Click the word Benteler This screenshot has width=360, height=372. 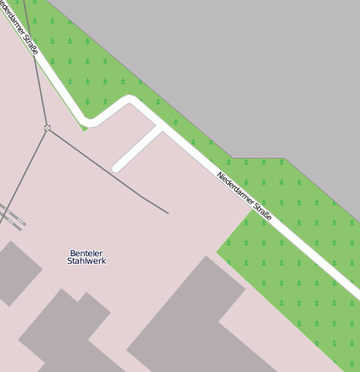click(x=86, y=253)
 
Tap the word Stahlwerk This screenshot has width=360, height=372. click(x=86, y=261)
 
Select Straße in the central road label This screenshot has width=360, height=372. click(x=262, y=211)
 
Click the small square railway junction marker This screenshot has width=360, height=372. click(x=48, y=128)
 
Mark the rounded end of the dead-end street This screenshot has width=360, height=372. click(x=117, y=167)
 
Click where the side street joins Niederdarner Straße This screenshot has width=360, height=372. click(x=160, y=128)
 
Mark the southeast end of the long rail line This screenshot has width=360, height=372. click(x=167, y=212)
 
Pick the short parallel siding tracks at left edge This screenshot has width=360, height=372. click(x=13, y=217)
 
